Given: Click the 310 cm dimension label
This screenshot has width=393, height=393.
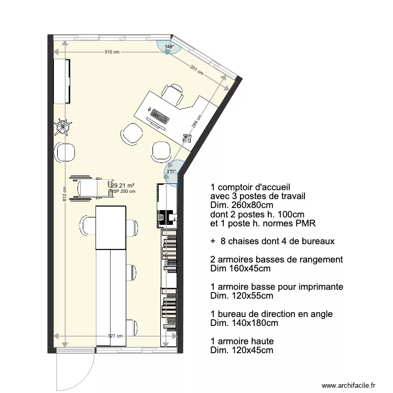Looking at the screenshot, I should point(112,52).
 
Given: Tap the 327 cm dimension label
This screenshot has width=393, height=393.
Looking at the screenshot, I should point(116,336).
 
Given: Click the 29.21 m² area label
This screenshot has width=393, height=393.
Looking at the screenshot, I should point(123,185).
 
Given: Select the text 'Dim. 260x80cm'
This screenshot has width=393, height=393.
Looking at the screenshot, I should point(242,205).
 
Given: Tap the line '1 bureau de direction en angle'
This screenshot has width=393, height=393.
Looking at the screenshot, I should point(271,314).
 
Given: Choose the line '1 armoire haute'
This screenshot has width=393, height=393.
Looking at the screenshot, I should point(242,341).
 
